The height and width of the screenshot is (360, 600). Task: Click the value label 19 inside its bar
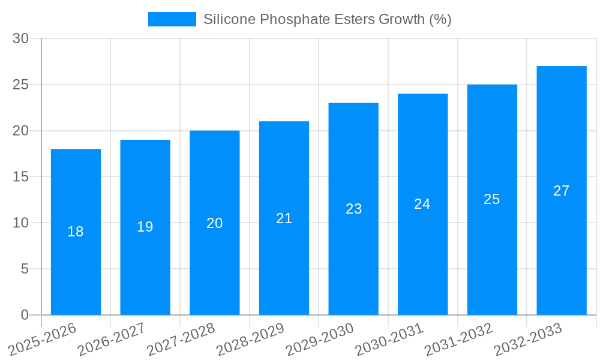coord(145,227)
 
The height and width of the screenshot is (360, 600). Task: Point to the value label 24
coord(422,204)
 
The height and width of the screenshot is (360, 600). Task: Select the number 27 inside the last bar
coord(562,191)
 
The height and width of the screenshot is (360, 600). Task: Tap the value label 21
coord(284,218)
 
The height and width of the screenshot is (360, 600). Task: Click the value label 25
coord(492,199)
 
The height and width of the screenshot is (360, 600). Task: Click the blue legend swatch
coord(172,19)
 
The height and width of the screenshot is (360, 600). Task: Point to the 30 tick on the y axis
coord(21,38)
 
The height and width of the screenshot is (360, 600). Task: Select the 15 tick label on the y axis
coord(21,177)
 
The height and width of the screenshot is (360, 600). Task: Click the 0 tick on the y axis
coord(25,315)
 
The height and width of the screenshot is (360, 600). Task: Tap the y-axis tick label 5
coord(25,269)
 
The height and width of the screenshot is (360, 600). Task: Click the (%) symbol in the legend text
coord(440,19)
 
